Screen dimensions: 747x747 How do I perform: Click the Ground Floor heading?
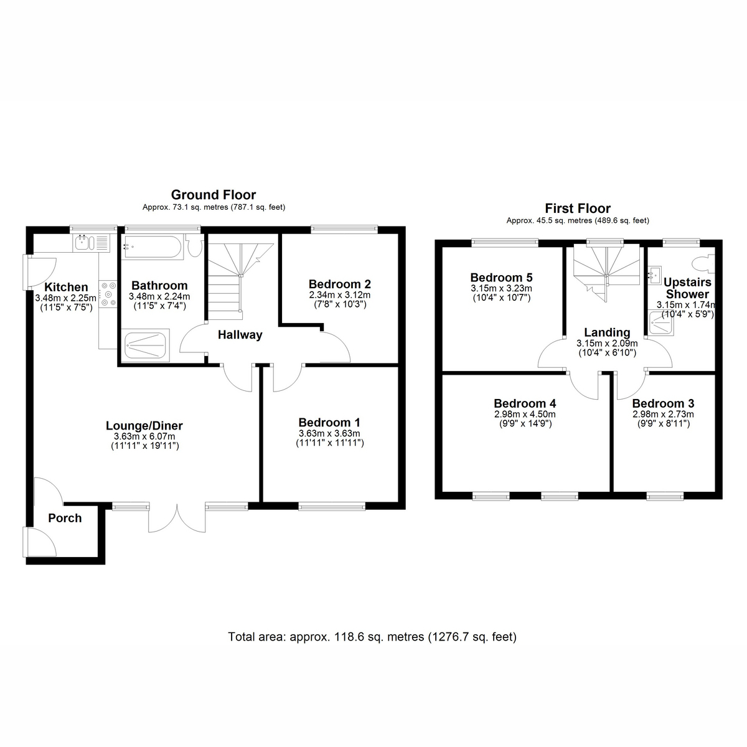(214, 195)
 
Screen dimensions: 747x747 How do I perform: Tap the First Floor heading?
(578, 209)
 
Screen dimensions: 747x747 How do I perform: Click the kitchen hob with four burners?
(108, 294)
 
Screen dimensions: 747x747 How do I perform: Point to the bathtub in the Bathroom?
(152, 247)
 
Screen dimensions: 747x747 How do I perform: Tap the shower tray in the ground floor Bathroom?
(146, 345)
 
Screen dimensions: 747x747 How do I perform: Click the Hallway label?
(240, 334)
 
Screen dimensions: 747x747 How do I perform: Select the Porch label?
(65, 518)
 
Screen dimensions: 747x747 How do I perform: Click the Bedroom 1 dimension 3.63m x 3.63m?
(329, 433)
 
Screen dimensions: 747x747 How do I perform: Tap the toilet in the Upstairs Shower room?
(703, 263)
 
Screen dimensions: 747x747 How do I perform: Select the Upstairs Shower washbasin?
(654, 275)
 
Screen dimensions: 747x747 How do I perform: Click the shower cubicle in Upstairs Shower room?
(661, 322)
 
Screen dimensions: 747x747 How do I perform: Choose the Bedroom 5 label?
(501, 278)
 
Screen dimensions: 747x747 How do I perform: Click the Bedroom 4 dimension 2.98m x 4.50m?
(525, 414)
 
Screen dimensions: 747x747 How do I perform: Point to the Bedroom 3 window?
(665, 496)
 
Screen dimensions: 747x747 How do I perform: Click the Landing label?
(607, 332)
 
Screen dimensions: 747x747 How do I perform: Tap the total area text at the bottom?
(372, 637)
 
